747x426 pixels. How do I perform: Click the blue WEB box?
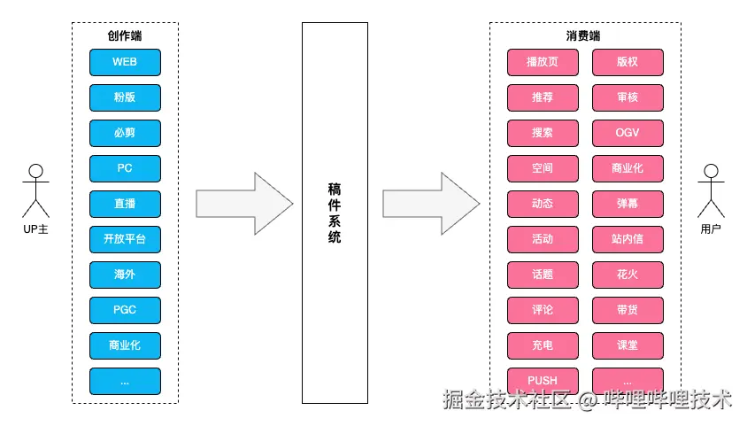125,62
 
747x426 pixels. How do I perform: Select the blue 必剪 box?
125,133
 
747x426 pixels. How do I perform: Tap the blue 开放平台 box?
125,239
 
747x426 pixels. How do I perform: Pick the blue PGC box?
125,310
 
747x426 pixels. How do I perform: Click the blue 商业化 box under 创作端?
125,345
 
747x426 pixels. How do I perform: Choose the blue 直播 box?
125,204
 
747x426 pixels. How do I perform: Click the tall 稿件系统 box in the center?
334,213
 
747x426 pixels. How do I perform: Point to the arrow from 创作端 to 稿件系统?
244,204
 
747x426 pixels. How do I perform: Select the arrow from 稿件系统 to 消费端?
431,204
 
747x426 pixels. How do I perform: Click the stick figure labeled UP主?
35,190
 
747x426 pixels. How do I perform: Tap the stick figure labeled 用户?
711,190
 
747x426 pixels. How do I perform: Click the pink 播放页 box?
543,62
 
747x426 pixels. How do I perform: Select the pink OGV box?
628,133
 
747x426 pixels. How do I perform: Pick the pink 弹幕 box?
628,204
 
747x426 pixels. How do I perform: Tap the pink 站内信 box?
628,239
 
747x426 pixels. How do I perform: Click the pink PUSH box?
543,381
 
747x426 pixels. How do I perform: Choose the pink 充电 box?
543,345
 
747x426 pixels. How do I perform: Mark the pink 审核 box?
628,97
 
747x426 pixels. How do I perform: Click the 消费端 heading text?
583,36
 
